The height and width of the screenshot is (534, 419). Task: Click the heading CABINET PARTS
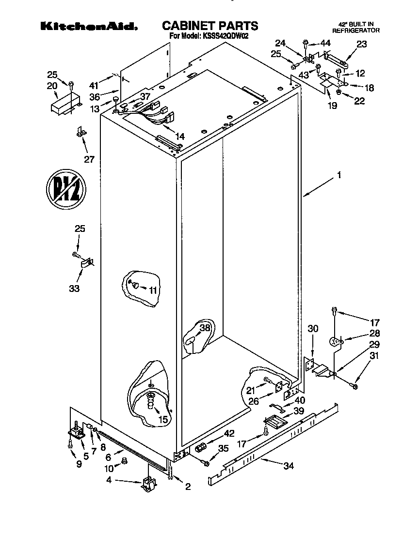point(209,26)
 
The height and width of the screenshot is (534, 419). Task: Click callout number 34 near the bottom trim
point(288,466)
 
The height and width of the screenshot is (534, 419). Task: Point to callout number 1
point(339,176)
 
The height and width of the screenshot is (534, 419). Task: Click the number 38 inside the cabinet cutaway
point(205,328)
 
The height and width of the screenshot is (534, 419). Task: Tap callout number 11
point(153,290)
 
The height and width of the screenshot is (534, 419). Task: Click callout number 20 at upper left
point(52,85)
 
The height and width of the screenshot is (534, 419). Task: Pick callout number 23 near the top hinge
point(362,44)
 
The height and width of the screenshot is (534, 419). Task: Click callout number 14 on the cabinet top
point(179,137)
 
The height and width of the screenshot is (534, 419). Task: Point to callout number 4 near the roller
point(109,480)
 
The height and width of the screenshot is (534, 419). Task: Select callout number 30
point(313,329)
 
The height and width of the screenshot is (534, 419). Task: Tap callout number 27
point(89,159)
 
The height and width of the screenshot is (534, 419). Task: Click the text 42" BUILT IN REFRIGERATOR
point(355,27)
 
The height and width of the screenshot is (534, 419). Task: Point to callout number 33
point(74,289)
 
